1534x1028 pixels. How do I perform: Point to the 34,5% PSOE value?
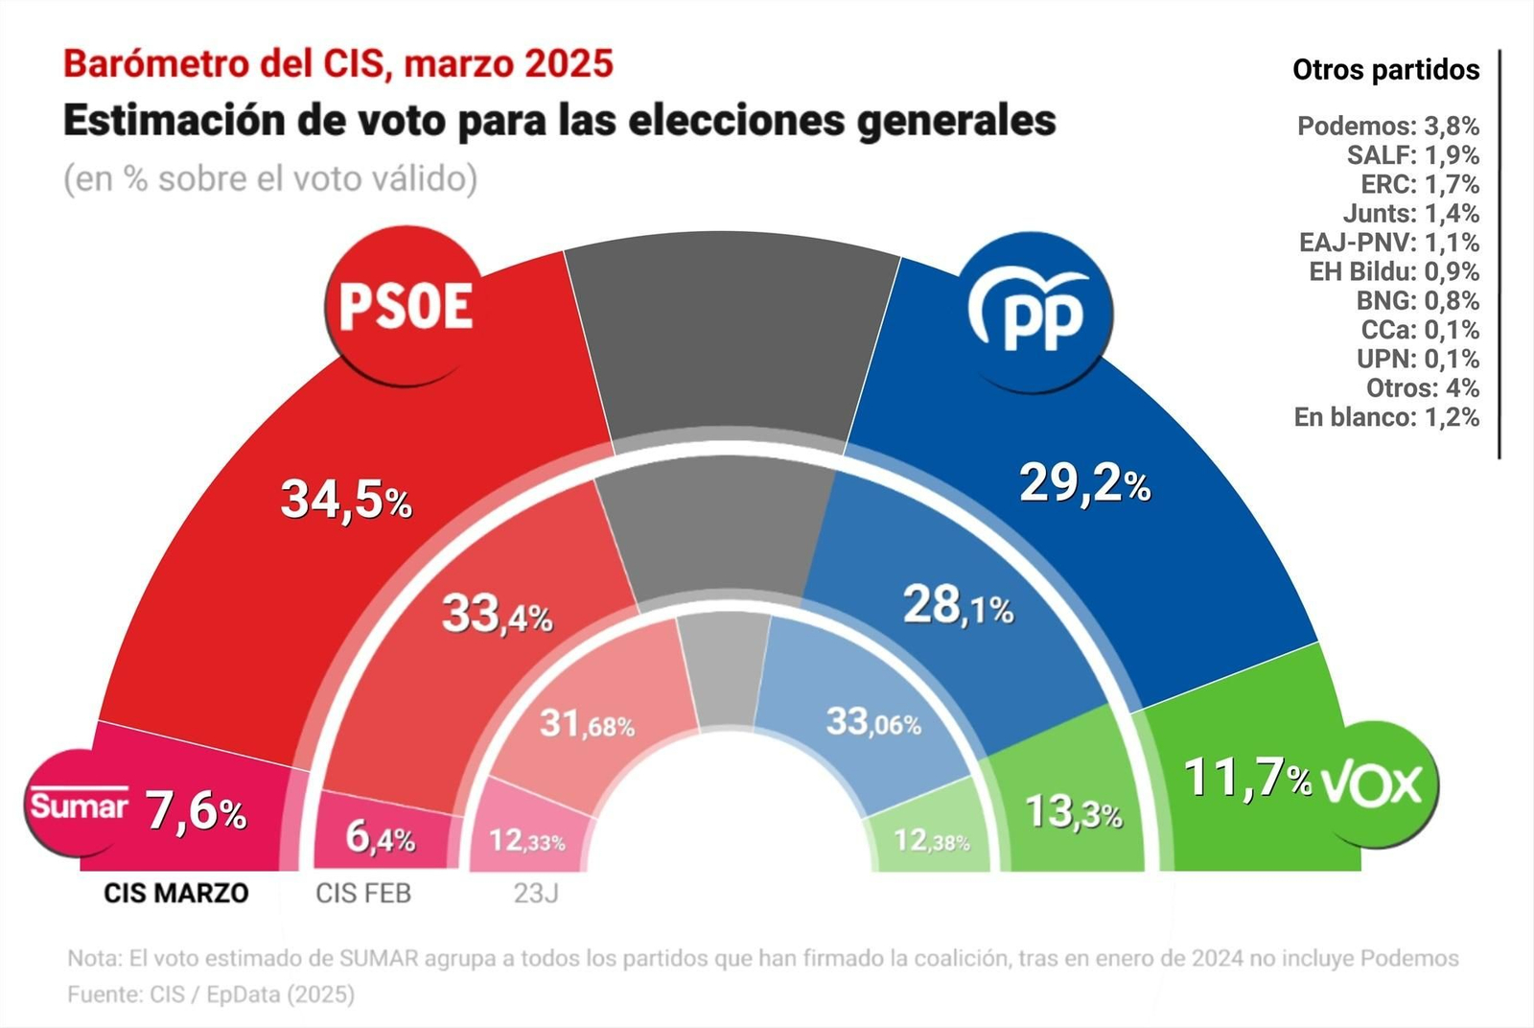(x=345, y=501)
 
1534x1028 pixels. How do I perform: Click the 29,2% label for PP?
(x=1084, y=482)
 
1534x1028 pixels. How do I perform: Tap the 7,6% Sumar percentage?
(x=197, y=812)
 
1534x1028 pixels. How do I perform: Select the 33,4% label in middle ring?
(x=497, y=614)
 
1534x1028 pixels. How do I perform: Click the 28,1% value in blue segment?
(x=958, y=606)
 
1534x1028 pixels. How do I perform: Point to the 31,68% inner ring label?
(x=587, y=724)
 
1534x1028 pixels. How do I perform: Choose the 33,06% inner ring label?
(x=873, y=722)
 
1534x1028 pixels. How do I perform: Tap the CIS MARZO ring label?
(x=175, y=894)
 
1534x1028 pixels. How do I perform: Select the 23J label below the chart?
(x=536, y=894)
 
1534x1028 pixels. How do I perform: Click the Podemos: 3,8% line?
(x=1387, y=127)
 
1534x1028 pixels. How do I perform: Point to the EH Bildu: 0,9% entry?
(x=1393, y=272)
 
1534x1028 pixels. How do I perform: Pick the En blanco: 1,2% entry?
(x=1385, y=418)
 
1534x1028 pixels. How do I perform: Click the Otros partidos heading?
(x=1385, y=70)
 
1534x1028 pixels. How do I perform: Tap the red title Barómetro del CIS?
(x=337, y=63)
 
